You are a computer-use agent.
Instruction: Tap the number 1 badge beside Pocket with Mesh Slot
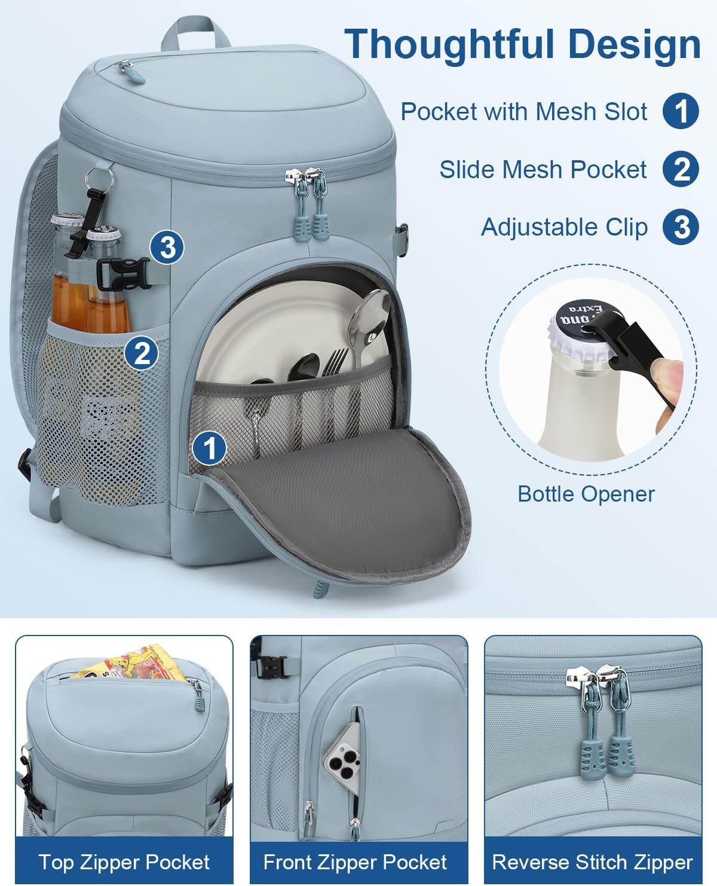point(681,111)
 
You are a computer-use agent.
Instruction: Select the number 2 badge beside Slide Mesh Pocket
point(681,169)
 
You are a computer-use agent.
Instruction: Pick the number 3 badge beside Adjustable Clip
point(681,227)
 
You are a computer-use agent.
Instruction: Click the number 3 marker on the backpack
point(168,246)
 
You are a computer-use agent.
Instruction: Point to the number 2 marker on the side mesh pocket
point(142,353)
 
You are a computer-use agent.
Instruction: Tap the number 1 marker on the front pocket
point(209,447)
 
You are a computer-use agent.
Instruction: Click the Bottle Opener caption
point(586,494)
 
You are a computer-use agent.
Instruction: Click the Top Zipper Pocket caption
point(124,861)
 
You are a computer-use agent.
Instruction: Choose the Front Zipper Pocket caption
point(355,861)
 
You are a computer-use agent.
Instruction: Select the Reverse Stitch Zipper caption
point(592,861)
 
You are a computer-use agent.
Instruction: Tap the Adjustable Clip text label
point(564,227)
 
